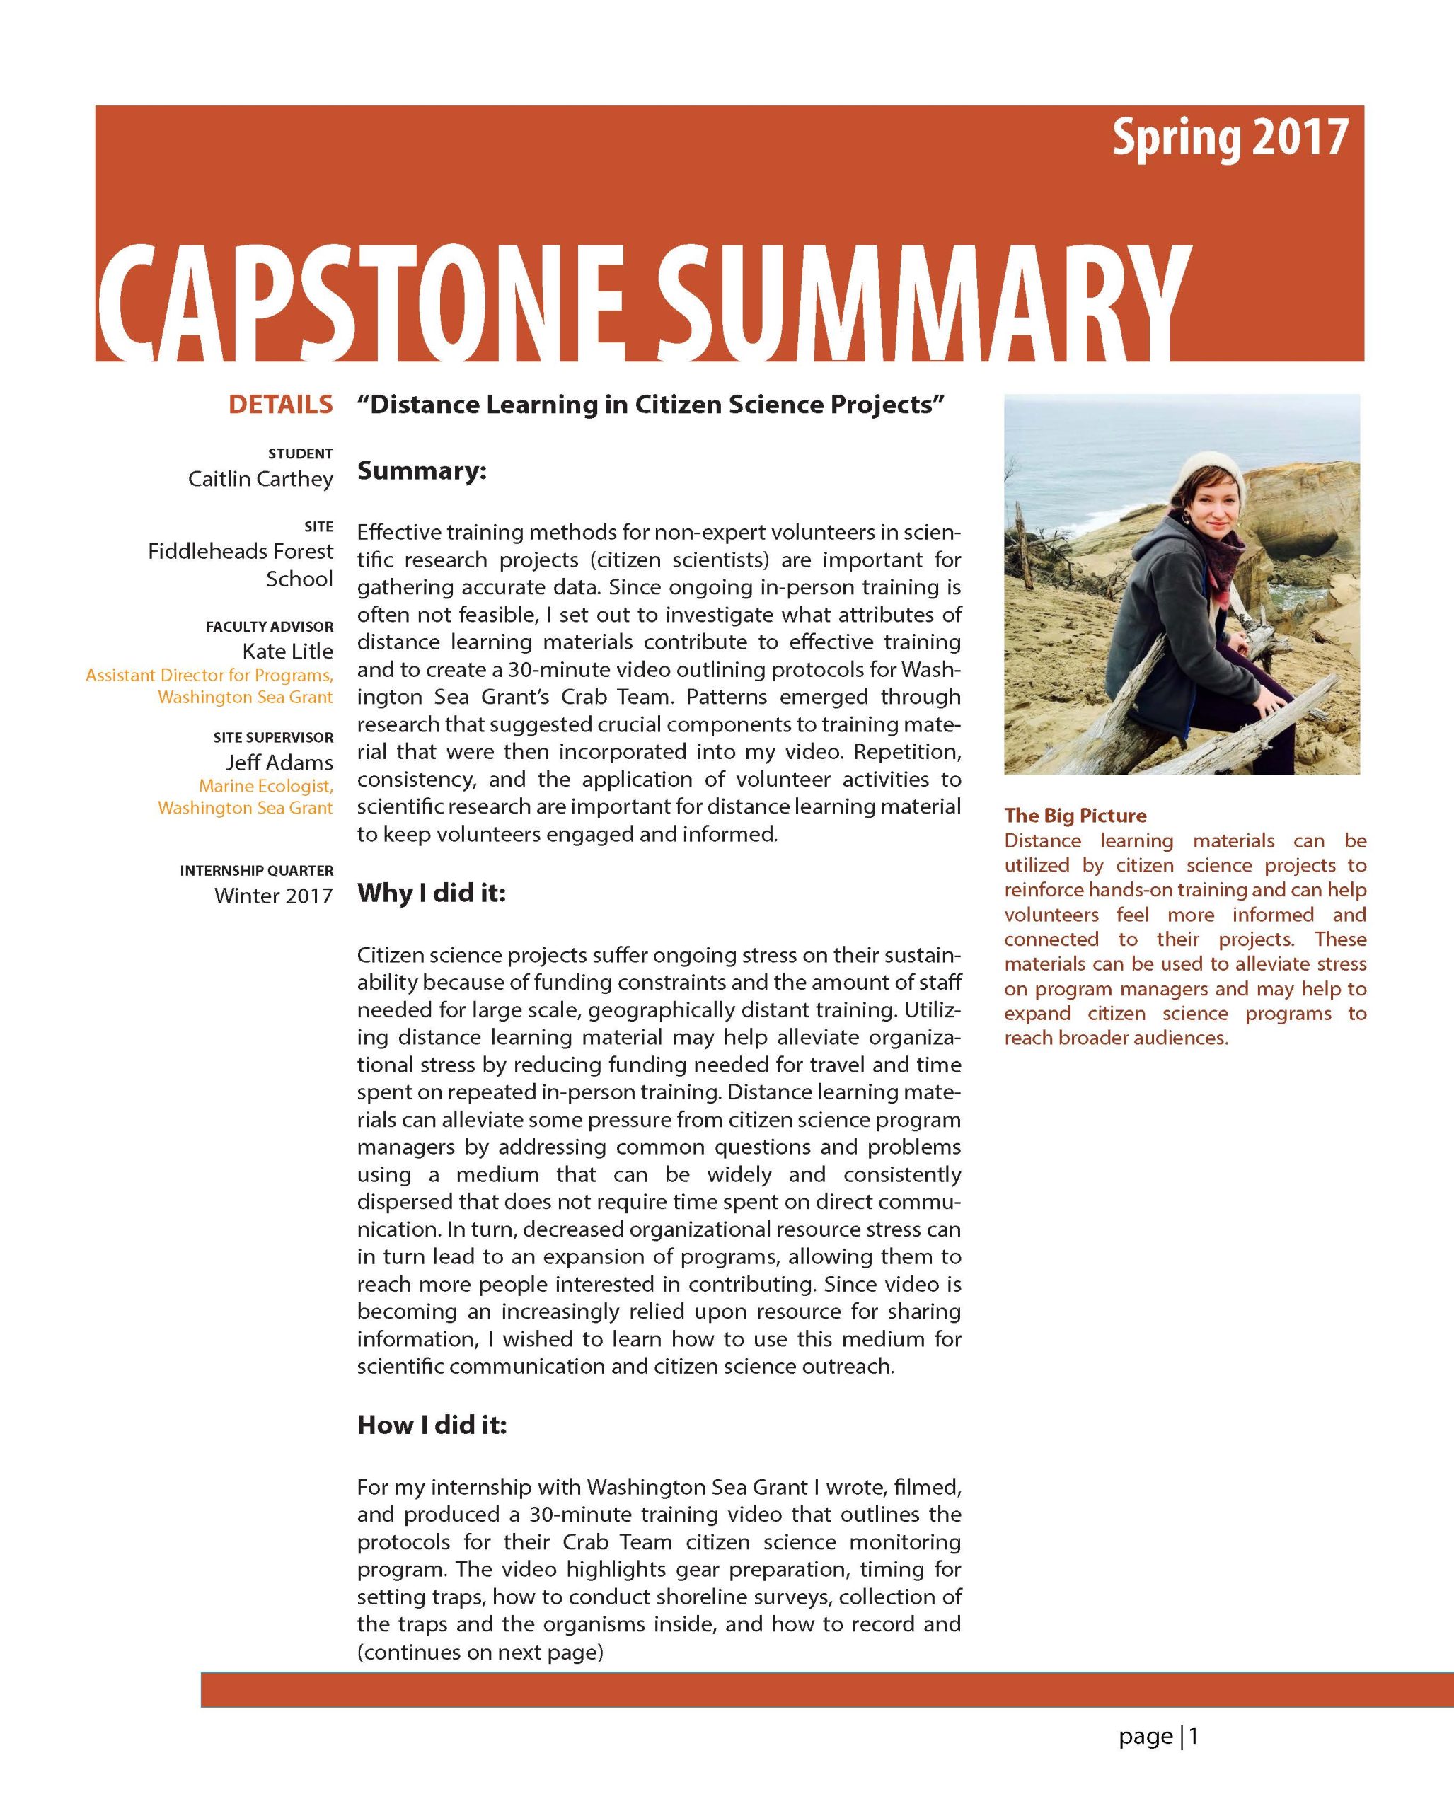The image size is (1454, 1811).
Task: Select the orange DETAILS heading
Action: tap(281, 405)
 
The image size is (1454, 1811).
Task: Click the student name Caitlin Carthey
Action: tap(260, 479)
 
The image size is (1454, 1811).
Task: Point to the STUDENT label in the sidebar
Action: tap(300, 453)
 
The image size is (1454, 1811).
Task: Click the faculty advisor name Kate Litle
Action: tap(287, 651)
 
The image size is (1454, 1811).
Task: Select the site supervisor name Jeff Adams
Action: tap(279, 762)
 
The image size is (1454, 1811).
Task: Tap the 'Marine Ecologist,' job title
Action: tap(265, 785)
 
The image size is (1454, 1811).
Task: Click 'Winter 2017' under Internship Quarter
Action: tap(273, 896)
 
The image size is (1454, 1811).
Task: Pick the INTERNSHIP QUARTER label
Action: tap(256, 870)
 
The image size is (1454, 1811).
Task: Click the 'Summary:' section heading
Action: tap(422, 470)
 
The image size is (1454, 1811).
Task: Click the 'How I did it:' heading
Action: tap(432, 1425)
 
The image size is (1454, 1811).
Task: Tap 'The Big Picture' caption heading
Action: tap(1075, 815)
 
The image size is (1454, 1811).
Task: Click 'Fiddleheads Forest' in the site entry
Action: tap(241, 551)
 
